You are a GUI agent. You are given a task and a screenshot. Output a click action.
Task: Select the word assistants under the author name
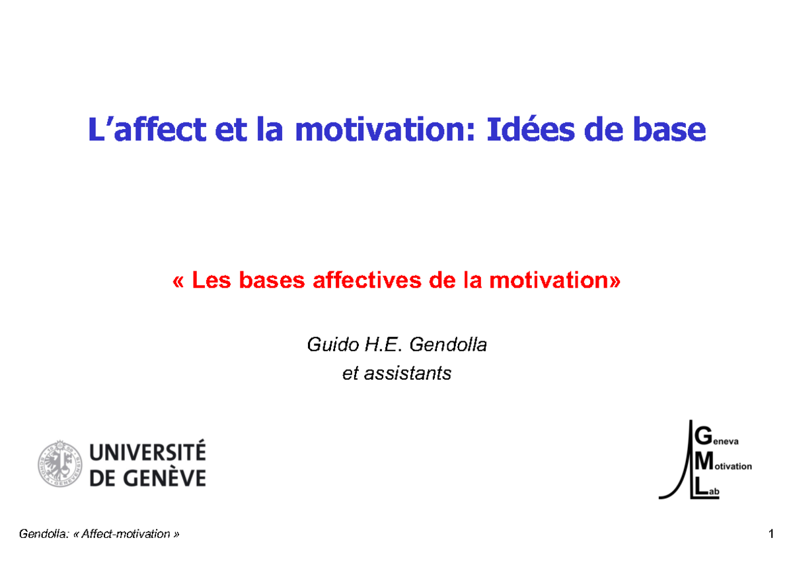[410, 373]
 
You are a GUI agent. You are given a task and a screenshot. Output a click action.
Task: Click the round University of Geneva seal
[59, 464]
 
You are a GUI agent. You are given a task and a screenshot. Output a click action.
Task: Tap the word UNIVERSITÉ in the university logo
[147, 453]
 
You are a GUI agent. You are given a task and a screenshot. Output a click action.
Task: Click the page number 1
[771, 534]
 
